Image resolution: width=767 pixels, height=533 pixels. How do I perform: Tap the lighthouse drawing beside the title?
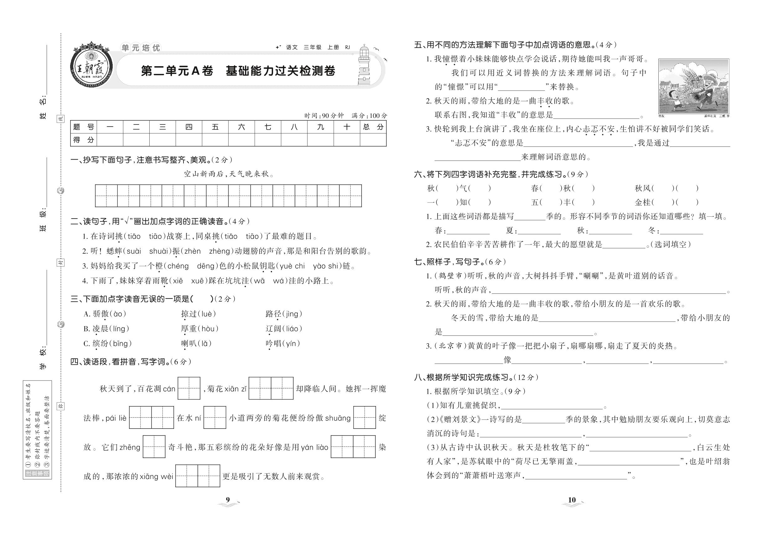(364, 66)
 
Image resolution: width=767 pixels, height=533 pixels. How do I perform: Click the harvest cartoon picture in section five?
(694, 86)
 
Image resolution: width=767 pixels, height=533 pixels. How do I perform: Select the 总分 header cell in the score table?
(373, 127)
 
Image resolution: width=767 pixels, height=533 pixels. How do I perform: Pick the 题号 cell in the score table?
(83, 127)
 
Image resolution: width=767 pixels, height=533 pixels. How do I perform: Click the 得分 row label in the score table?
(83, 140)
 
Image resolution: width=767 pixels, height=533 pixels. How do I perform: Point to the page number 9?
(228, 499)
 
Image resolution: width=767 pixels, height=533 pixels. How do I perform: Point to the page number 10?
(572, 499)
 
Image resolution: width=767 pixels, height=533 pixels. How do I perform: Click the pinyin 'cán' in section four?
(169, 389)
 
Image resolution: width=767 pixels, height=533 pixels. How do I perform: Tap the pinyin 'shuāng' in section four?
(338, 418)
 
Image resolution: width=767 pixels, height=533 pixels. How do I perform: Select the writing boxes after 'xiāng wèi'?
(198, 476)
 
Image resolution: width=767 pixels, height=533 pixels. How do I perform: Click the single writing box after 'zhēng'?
(154, 447)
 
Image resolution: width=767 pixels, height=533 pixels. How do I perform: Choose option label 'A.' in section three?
(87, 314)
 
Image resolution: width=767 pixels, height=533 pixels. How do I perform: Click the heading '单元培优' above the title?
(141, 48)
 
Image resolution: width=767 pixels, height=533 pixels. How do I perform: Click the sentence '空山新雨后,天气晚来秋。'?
(229, 174)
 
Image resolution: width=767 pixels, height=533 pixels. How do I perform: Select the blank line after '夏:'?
(539, 231)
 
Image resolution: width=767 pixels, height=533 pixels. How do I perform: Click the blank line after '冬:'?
(681, 231)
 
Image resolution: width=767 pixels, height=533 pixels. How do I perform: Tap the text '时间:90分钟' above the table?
(324, 116)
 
